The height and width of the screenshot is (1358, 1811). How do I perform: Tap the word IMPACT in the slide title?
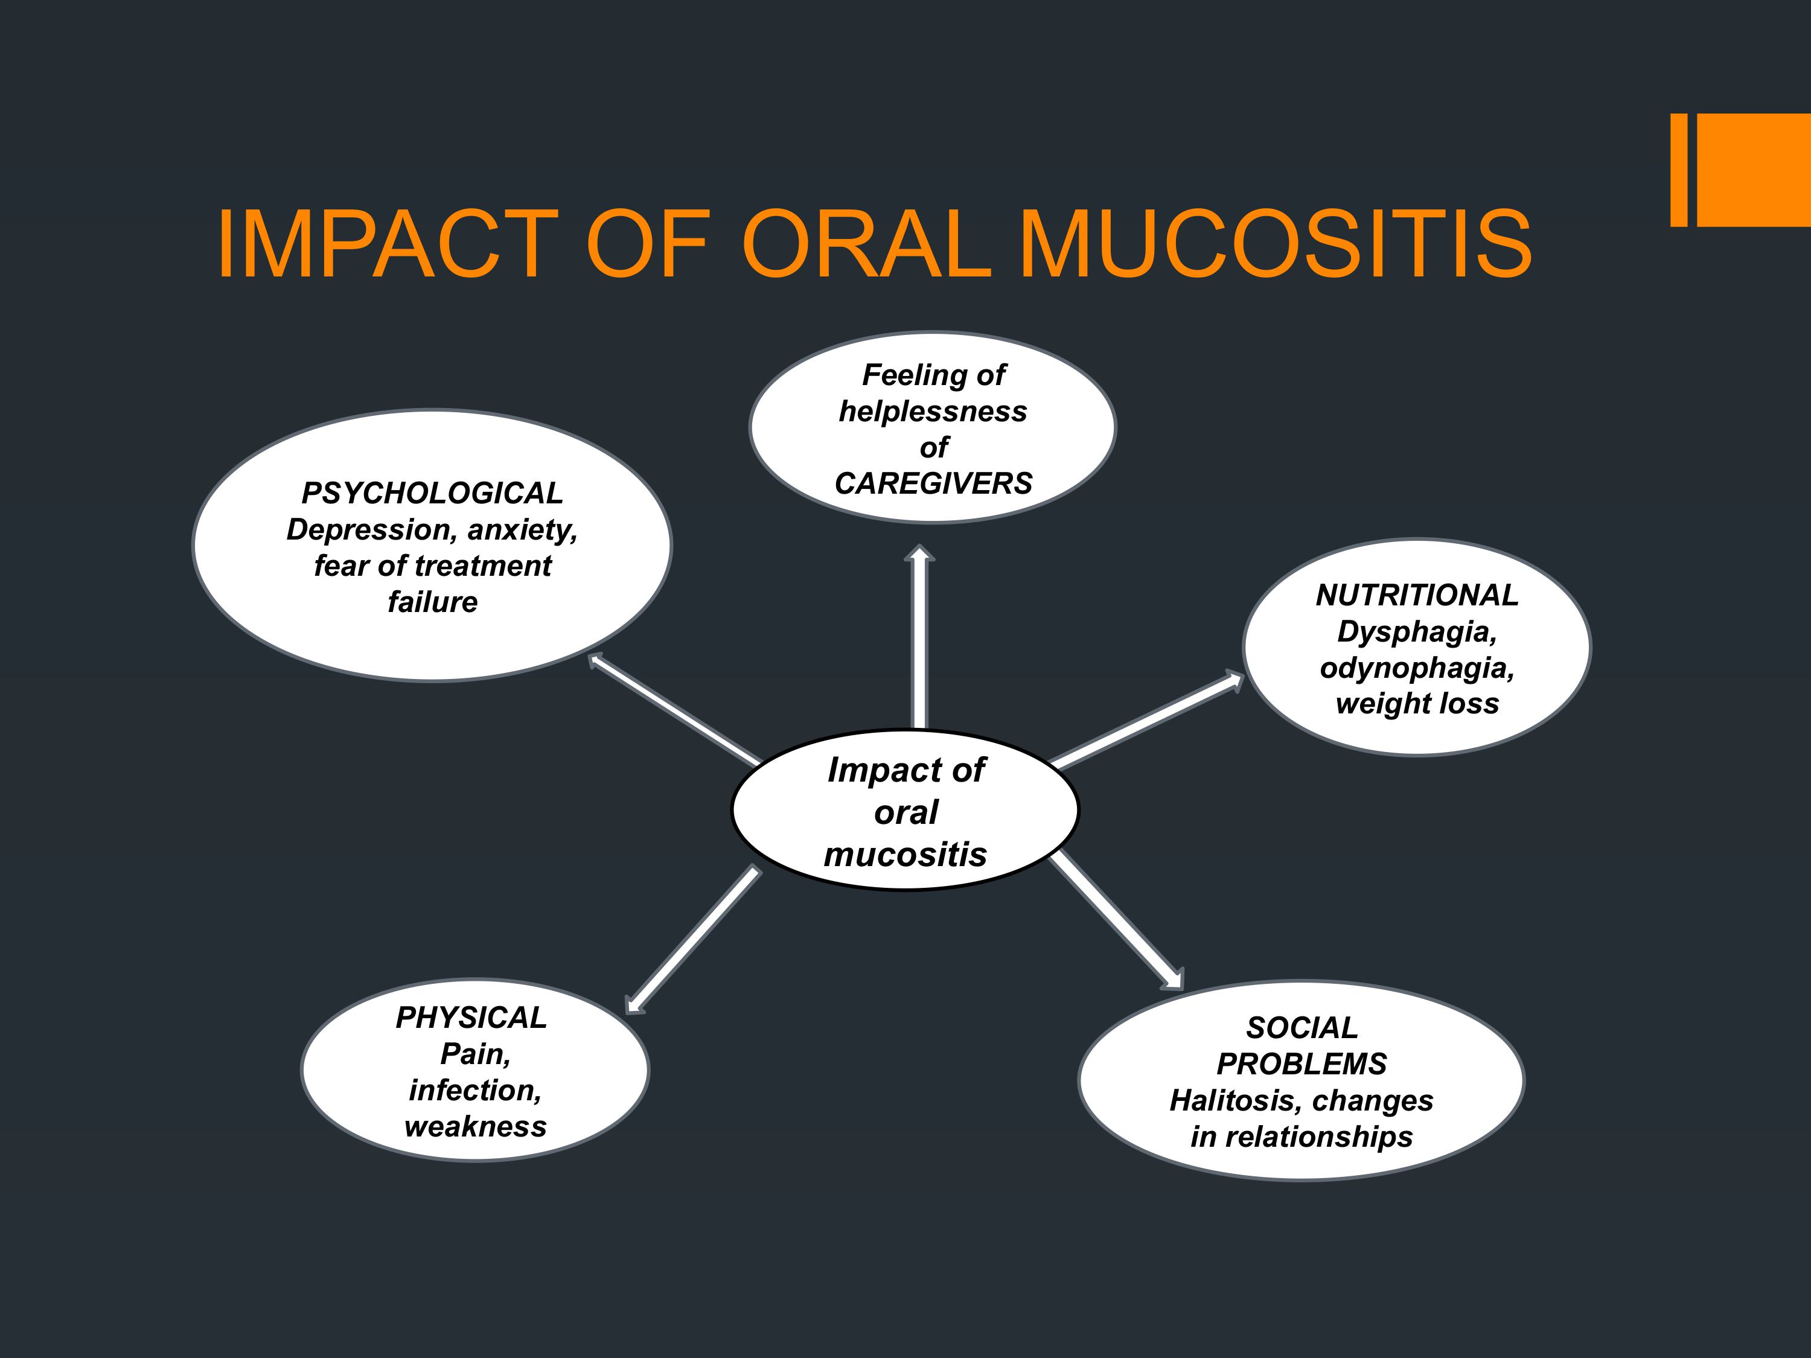(388, 244)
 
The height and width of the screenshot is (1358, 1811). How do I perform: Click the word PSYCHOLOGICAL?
(432, 494)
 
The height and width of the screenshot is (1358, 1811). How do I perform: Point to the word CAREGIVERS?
(933, 484)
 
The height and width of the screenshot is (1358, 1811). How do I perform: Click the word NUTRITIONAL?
(1417, 595)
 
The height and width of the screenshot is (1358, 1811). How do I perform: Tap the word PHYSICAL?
(471, 1018)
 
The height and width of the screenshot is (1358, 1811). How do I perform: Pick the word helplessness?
(933, 412)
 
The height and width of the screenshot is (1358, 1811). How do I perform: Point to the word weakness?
(476, 1127)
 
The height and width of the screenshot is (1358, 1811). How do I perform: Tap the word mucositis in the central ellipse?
(905, 855)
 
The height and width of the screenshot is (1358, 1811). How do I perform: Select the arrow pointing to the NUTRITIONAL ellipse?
(1146, 719)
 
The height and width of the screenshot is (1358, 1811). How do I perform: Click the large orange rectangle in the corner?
(1754, 170)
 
